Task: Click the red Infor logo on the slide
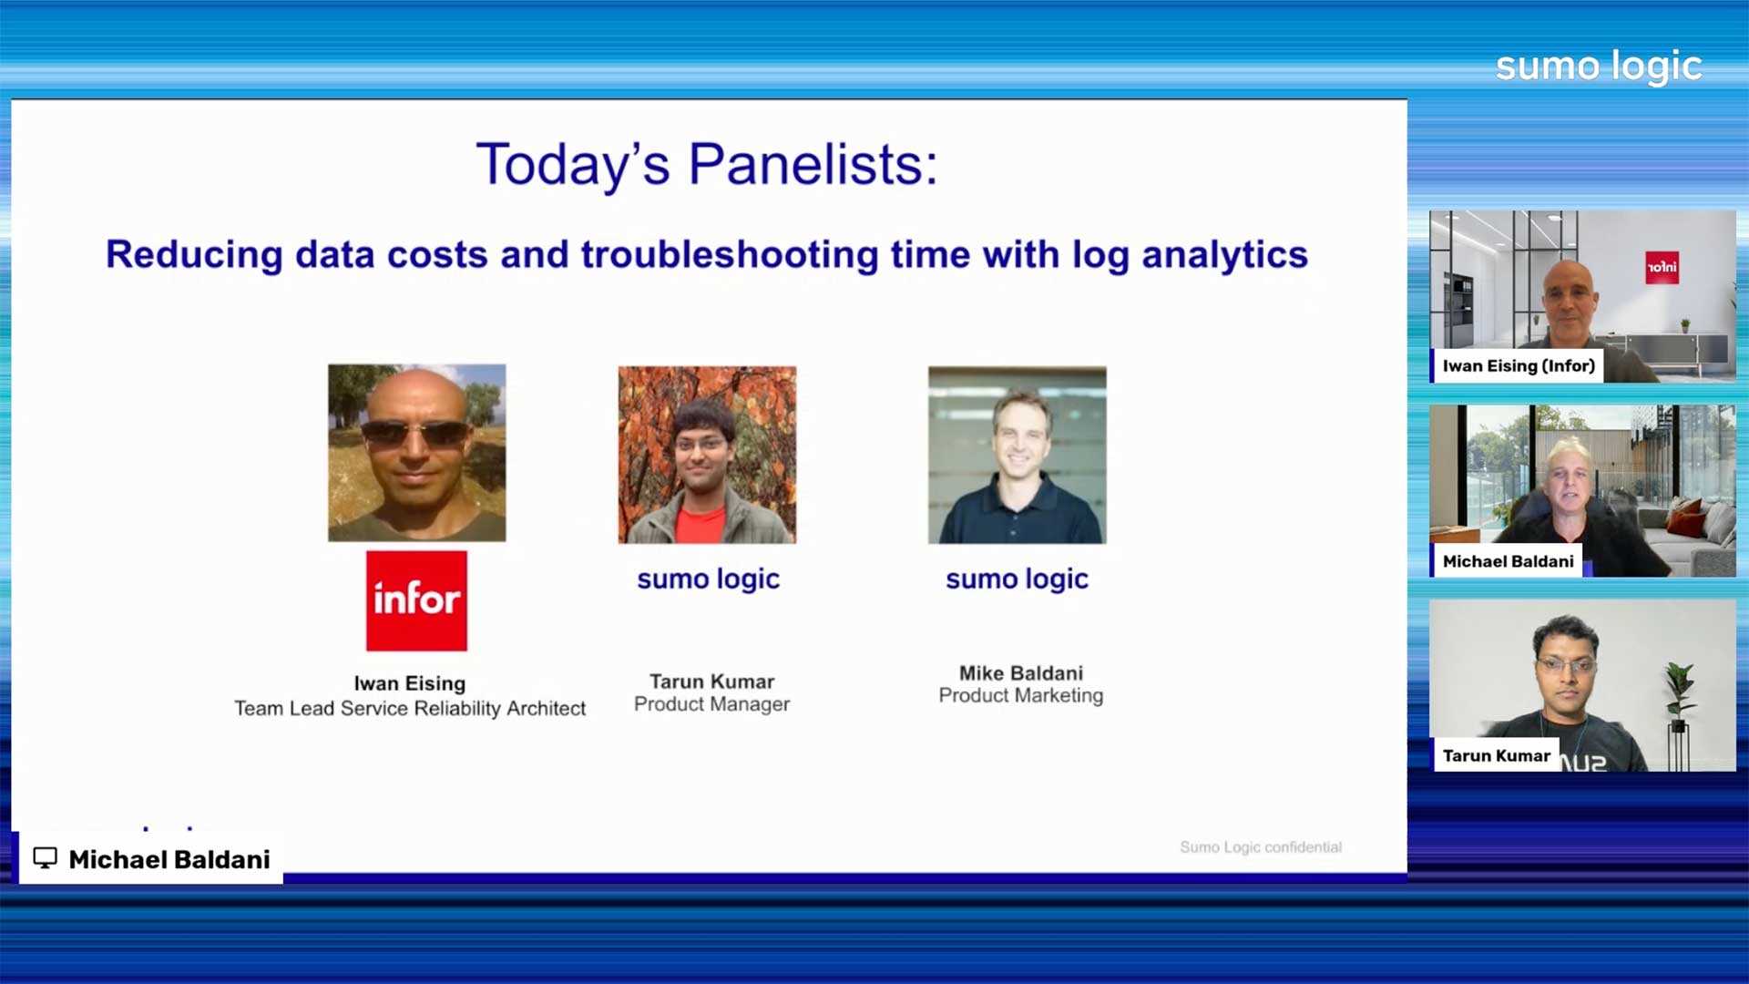pyautogui.click(x=416, y=600)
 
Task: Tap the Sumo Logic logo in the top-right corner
pyautogui.click(x=1599, y=67)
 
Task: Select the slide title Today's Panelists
pyautogui.click(x=707, y=165)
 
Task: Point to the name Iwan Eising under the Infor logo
pyautogui.click(x=410, y=683)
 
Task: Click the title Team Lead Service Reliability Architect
pyautogui.click(x=410, y=708)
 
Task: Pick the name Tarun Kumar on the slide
pyautogui.click(x=711, y=682)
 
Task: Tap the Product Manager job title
pyautogui.click(x=711, y=704)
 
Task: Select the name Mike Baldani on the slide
pyautogui.click(x=1021, y=673)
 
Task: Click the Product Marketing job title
pyautogui.click(x=1021, y=695)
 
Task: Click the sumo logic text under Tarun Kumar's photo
pyautogui.click(x=709, y=579)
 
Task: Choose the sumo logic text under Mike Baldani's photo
pyautogui.click(x=1018, y=579)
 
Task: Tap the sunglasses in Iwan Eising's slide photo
pyautogui.click(x=416, y=433)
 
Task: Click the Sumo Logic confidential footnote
pyautogui.click(x=1261, y=847)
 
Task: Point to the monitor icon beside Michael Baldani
pyautogui.click(x=45, y=858)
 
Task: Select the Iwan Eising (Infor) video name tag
pyautogui.click(x=1519, y=366)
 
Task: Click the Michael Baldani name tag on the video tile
pyautogui.click(x=1509, y=561)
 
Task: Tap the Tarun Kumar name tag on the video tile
pyautogui.click(x=1497, y=756)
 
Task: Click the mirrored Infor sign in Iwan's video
pyautogui.click(x=1662, y=267)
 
